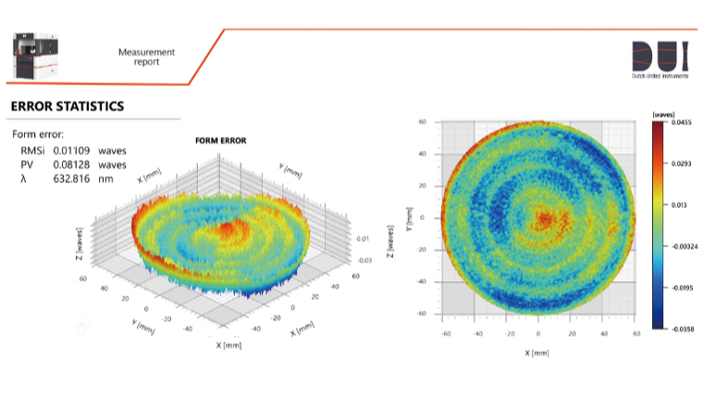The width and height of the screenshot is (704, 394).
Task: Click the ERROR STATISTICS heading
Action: click(x=67, y=106)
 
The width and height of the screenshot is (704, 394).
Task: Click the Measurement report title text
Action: click(x=146, y=57)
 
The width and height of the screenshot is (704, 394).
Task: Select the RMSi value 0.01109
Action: click(x=73, y=150)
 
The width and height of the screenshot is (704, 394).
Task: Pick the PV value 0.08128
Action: click(x=73, y=164)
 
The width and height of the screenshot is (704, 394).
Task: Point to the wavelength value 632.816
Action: click(x=72, y=178)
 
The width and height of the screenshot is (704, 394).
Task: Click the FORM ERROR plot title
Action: click(x=218, y=141)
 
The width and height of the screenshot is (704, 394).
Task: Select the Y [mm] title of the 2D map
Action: click(x=407, y=218)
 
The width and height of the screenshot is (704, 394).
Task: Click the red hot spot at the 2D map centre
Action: click(x=544, y=218)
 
